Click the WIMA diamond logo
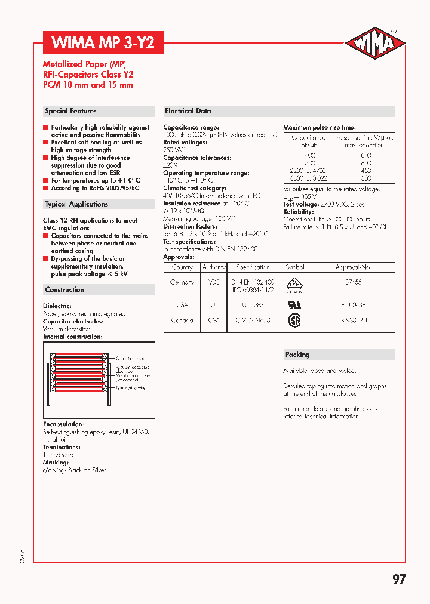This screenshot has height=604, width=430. coord(376,44)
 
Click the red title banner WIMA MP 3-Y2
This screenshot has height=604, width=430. coord(103,43)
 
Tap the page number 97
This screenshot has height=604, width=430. coord(399,580)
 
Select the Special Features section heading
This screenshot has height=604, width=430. coord(70,111)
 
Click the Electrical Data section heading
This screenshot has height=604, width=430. coord(188,111)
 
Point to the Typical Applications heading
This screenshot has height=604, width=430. coord(76,204)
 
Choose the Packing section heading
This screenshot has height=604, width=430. coord(297,355)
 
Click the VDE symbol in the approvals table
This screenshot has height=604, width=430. coord(295,284)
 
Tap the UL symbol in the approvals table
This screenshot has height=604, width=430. coord(295,304)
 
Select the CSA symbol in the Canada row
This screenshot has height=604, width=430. coord(295,321)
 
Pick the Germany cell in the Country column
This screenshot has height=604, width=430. coord(182,282)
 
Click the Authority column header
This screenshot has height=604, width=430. coord(214,267)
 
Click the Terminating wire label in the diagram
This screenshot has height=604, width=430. coord(132,388)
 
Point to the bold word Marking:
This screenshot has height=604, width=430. coord(56,463)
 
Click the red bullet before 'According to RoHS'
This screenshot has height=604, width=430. coord(45,188)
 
